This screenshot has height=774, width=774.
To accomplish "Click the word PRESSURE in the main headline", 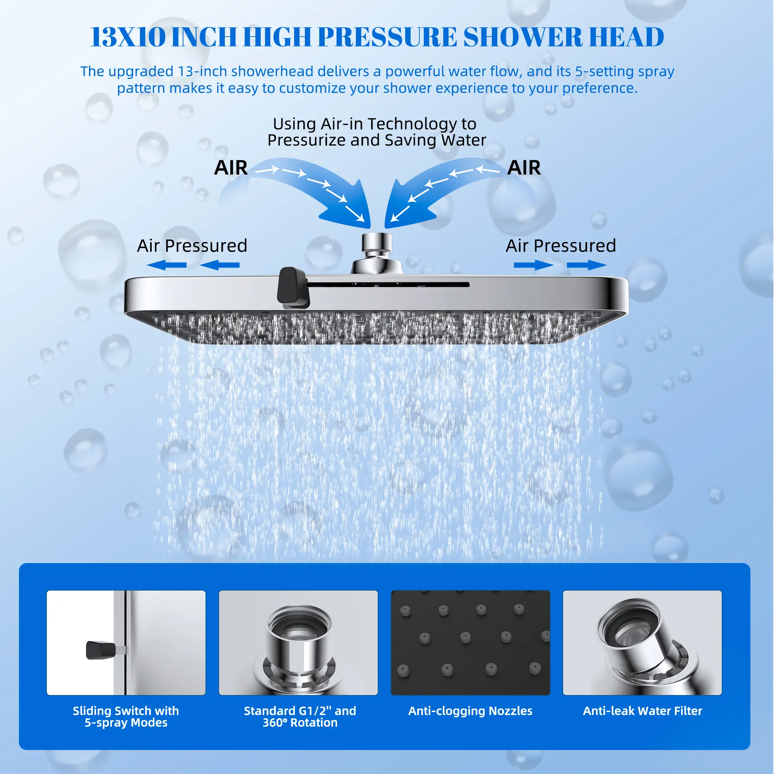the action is pos(387,37).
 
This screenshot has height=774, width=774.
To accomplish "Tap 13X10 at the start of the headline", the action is pos(128,37).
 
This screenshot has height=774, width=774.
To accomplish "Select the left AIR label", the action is pos(231,168).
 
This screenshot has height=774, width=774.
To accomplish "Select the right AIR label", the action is pos(524,168).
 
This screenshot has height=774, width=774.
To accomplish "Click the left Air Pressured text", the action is pos(192,246).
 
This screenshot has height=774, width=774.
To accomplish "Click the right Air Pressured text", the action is pos(561,246).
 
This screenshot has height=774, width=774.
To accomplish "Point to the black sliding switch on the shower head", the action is pos(293,287).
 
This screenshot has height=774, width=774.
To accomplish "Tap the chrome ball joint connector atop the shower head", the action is pos(377,253).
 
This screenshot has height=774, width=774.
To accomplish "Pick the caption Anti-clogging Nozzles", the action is pos(470,711).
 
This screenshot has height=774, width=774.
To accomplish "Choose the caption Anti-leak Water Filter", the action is pos(642,711).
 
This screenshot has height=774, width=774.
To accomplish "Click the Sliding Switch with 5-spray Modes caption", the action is pos(126,716).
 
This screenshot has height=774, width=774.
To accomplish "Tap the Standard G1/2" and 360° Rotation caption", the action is pos(300,716).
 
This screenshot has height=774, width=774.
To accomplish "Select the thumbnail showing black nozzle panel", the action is pos(470,642).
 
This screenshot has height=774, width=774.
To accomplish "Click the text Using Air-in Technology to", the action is pos(375,124).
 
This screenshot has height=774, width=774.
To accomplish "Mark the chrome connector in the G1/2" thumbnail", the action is pos(298,649).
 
